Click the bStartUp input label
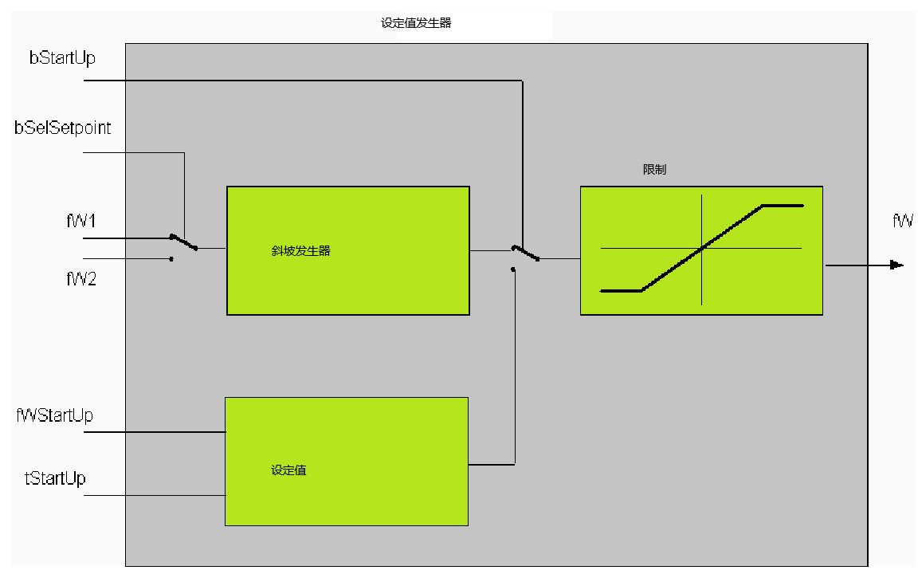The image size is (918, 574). click(x=62, y=58)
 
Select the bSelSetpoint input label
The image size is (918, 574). click(x=63, y=128)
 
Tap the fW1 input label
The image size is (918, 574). click(x=80, y=221)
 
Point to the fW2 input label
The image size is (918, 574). click(x=80, y=279)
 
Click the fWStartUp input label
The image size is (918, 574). click(x=54, y=415)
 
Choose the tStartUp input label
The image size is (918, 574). click(x=55, y=478)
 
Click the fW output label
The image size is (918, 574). click(x=902, y=221)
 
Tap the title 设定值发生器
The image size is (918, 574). click(x=416, y=23)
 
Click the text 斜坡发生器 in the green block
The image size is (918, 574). click(x=301, y=250)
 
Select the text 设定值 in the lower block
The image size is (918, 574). click(x=288, y=470)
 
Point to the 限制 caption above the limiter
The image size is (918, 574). click(x=654, y=169)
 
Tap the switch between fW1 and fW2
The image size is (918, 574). click(x=183, y=242)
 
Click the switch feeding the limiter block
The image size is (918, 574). click(x=525, y=253)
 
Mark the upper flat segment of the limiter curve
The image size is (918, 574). click(x=783, y=206)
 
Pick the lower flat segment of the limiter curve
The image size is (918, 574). click(x=622, y=290)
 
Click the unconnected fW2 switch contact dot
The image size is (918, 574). click(x=171, y=259)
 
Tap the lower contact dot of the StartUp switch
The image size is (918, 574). click(x=513, y=269)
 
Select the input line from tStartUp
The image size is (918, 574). click(x=155, y=496)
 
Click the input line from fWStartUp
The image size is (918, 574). click(x=155, y=432)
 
